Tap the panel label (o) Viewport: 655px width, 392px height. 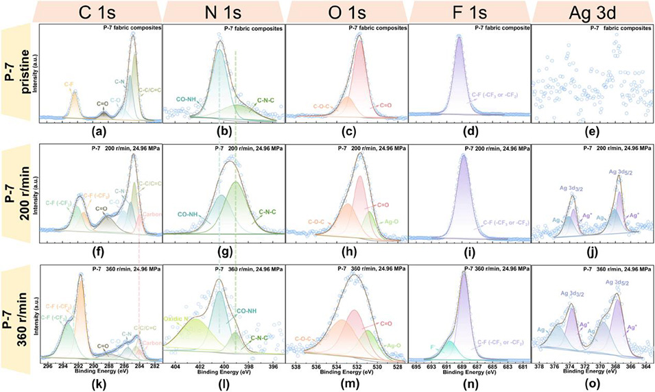click(x=591, y=379)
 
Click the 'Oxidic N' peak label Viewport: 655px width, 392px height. click(x=178, y=319)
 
